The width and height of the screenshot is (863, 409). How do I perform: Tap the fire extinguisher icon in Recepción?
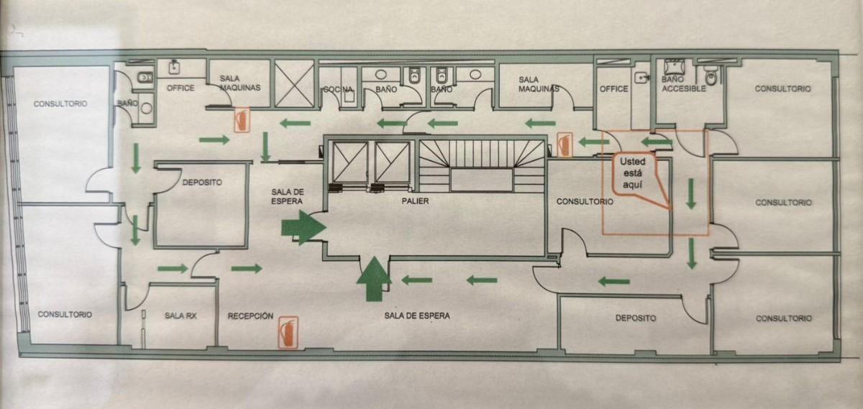click(289, 332)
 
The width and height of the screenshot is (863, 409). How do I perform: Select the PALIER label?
click(416, 201)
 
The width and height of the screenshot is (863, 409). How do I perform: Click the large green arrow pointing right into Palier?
click(302, 228)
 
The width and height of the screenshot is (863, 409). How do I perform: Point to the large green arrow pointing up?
click(374, 280)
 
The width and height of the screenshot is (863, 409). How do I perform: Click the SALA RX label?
click(181, 316)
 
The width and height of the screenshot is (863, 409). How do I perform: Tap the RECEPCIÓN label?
click(250, 316)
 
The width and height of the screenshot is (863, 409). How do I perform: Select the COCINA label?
click(337, 89)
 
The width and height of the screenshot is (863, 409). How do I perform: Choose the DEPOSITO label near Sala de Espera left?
click(202, 183)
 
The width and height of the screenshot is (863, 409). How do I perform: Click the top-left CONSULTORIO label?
click(60, 104)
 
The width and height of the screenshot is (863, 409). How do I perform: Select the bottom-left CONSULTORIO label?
click(65, 314)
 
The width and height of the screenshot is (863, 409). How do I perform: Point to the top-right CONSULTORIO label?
click(782, 88)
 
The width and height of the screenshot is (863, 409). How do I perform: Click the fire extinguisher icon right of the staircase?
click(565, 144)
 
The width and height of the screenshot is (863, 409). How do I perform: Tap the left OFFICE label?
click(181, 88)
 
